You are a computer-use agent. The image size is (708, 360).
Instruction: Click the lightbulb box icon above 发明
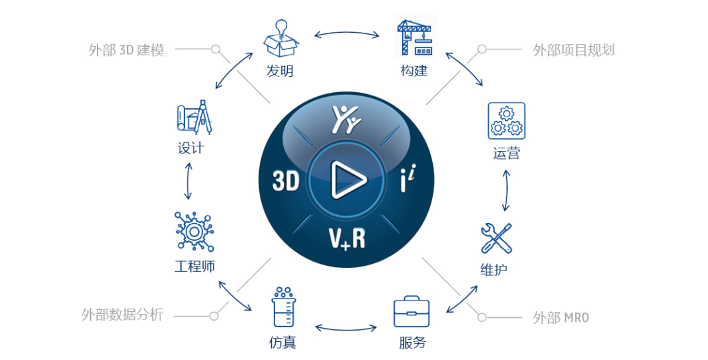click(x=281, y=38)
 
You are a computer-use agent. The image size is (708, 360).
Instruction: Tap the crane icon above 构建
click(x=415, y=37)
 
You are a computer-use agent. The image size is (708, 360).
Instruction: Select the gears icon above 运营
click(x=506, y=121)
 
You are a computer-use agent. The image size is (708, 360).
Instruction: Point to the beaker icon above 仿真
click(x=284, y=307)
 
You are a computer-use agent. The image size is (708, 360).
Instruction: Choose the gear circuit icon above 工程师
click(x=194, y=231)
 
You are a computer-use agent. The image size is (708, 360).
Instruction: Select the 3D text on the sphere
click(x=286, y=181)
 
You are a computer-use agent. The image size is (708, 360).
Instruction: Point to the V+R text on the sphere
click(x=347, y=238)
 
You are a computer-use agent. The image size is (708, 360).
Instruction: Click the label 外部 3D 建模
click(x=126, y=49)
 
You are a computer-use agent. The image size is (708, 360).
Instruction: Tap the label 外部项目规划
click(x=574, y=49)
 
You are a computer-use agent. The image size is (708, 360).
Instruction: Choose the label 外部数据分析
click(x=122, y=315)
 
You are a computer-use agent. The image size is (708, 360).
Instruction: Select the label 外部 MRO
click(x=561, y=317)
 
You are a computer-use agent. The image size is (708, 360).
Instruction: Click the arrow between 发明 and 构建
click(x=347, y=33)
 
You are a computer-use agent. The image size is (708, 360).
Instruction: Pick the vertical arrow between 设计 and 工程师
click(x=188, y=182)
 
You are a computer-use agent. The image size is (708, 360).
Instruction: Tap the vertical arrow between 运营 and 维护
click(x=506, y=190)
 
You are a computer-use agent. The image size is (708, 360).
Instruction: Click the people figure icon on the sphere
click(x=347, y=120)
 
